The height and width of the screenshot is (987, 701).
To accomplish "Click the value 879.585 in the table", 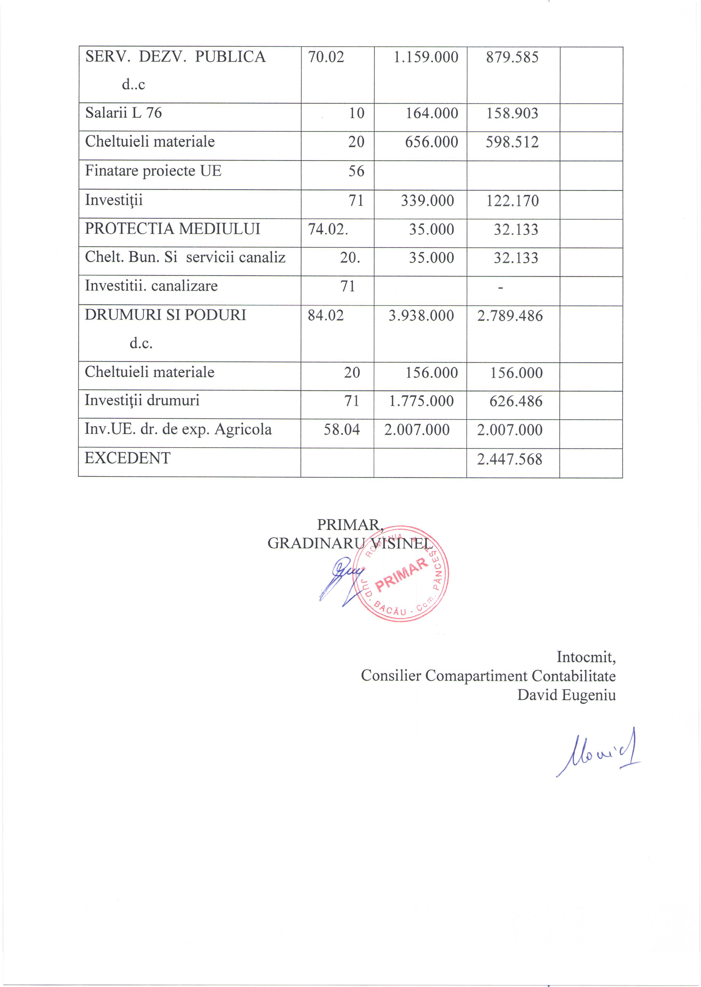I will pos(512,57).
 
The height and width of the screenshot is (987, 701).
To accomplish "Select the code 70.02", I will pos(326,57).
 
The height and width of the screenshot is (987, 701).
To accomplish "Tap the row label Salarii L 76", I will pos(124,113).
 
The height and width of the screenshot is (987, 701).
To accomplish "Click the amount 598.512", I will pos(512,142).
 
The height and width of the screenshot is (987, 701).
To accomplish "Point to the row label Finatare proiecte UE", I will pos(153,171).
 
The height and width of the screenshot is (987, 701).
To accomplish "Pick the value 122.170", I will pos(512,201).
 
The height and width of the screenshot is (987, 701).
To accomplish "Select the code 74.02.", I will pos(328,229).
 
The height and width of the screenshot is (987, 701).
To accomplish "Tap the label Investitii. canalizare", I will pos(151,286).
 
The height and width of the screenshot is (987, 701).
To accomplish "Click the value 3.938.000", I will pos(421,316).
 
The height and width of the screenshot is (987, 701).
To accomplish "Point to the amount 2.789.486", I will pos(510,316).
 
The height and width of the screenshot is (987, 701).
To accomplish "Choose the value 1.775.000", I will pos(421,401).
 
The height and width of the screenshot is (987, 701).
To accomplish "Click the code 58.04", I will pos(342,429).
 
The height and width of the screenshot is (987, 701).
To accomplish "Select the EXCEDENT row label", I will pos(128,458).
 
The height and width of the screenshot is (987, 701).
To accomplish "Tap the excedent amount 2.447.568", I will pos(509,459).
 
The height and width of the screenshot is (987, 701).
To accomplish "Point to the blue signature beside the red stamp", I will pos(341,580).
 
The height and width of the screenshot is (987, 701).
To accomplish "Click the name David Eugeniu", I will pos(566,695).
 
